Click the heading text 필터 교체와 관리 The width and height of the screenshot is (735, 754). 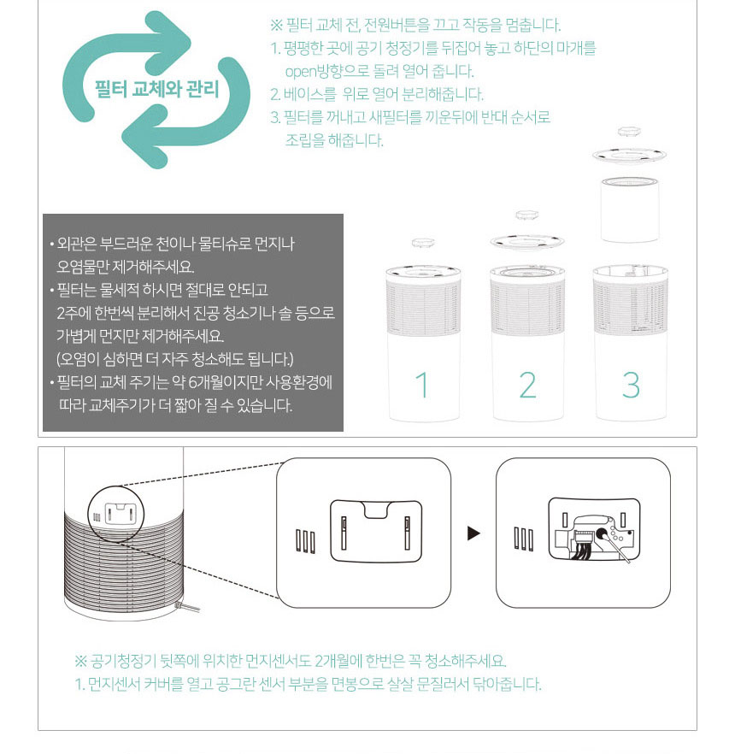point(156,89)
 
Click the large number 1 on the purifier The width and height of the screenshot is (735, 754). point(422,386)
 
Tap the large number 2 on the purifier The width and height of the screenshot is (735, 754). point(527,386)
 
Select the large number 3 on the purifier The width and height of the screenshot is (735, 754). point(631,386)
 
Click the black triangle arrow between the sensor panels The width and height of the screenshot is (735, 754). point(473,533)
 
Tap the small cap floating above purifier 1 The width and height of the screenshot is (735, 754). point(423,244)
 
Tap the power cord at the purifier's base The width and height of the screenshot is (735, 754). point(193,610)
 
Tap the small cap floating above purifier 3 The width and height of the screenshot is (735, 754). point(630,133)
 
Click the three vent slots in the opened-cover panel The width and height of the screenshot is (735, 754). point(523,539)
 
